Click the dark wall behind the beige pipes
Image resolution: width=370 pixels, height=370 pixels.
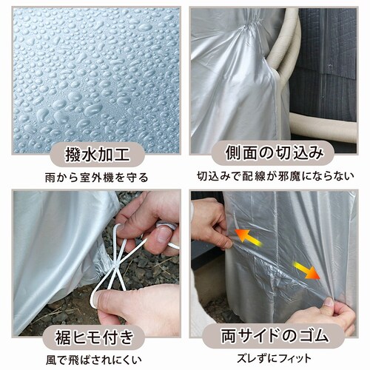point(326,59)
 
